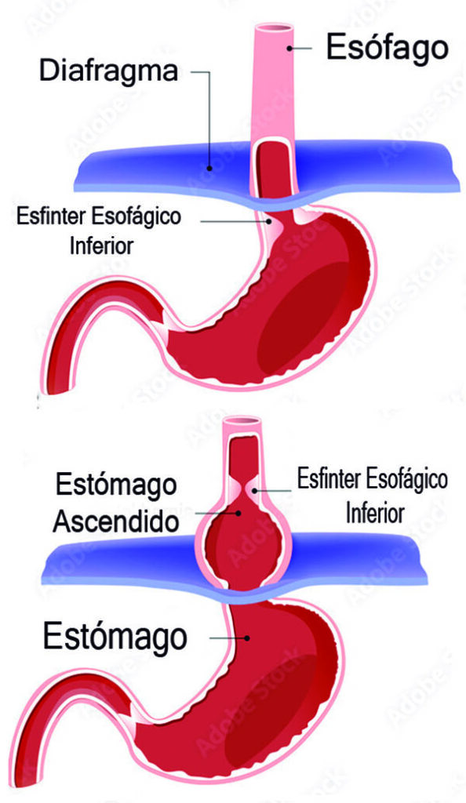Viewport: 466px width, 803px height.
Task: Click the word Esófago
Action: click(x=387, y=49)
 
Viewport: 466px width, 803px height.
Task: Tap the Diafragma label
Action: click(x=108, y=71)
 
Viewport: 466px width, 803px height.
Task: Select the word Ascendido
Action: click(x=116, y=521)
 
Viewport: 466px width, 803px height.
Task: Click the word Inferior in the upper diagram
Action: click(x=101, y=245)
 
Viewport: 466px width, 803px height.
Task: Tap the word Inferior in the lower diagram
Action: click(x=375, y=513)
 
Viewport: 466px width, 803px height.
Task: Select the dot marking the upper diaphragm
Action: click(x=209, y=167)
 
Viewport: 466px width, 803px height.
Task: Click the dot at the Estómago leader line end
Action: click(x=247, y=638)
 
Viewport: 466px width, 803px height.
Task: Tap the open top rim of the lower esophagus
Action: click(x=242, y=420)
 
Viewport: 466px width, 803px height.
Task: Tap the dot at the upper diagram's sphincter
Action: click(x=270, y=221)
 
